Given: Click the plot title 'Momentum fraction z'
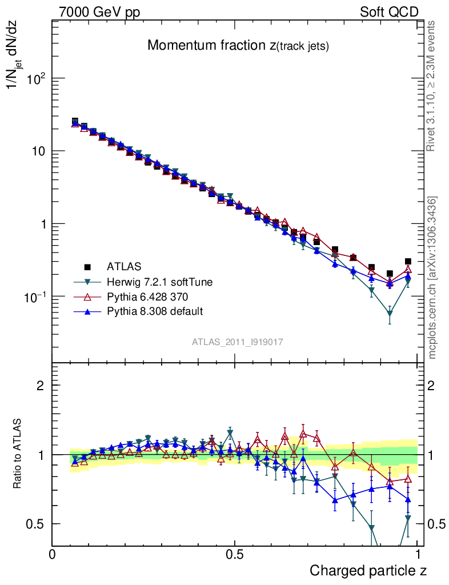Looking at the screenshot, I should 238,46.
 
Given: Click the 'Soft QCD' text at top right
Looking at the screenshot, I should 389,12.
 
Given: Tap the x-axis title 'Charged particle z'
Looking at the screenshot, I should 368,570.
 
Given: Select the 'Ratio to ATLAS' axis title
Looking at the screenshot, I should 19,454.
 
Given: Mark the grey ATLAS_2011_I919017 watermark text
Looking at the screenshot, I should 238,341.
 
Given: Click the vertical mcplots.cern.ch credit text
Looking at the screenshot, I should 433,277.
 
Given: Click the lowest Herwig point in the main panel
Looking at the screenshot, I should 390,314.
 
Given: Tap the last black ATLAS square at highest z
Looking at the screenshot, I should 408,262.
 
